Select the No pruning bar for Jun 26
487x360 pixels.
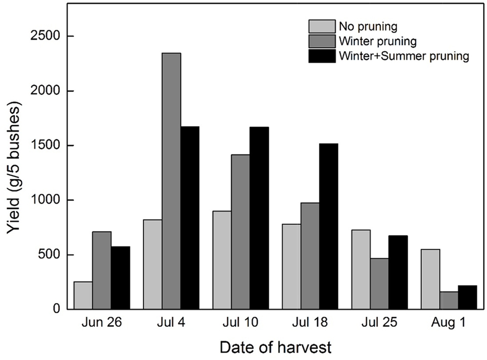point(83,295)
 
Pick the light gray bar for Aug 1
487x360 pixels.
point(430,279)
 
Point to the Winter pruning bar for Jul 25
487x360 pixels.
point(380,284)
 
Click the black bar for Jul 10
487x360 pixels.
point(259,218)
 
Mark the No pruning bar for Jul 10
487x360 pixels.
point(222,260)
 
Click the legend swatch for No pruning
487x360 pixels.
point(322,27)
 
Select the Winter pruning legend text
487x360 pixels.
point(377,41)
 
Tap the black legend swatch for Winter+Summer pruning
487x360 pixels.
point(322,56)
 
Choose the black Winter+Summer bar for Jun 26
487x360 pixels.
point(121,278)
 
